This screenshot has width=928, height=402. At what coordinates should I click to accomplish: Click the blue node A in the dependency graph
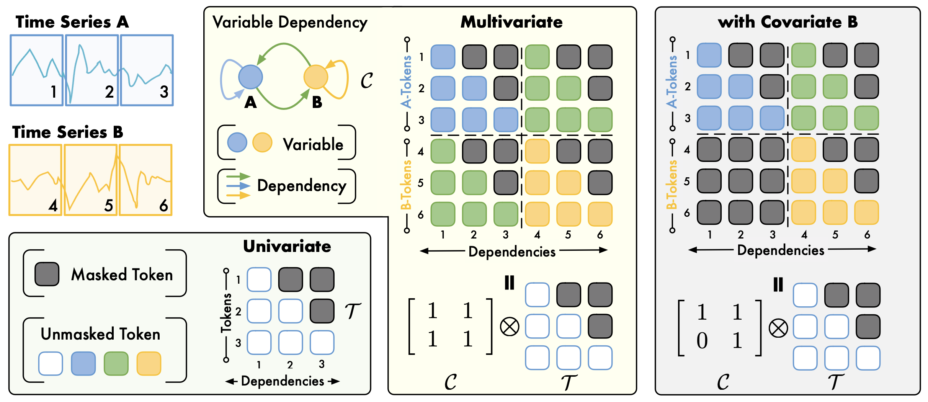(x=250, y=77)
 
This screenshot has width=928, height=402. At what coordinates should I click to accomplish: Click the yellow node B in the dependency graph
(x=315, y=77)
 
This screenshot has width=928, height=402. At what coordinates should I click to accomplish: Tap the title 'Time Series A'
(x=72, y=22)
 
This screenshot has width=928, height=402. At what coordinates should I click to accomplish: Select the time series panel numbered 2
(x=92, y=70)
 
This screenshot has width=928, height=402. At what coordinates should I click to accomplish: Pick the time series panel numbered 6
(x=145, y=180)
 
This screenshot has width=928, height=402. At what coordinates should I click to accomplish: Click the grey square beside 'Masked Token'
(x=47, y=274)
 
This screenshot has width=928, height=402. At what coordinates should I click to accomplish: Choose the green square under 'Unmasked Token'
(x=116, y=363)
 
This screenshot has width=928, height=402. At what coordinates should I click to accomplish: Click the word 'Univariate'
(x=287, y=246)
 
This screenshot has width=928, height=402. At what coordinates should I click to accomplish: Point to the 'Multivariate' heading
(x=511, y=22)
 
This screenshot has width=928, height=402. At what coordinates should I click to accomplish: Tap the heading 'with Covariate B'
(x=787, y=22)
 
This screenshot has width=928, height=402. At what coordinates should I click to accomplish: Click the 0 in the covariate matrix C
(x=702, y=340)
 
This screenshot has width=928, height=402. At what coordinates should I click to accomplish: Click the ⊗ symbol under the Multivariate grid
(x=510, y=327)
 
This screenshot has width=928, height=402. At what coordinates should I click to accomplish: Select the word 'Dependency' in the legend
(x=302, y=186)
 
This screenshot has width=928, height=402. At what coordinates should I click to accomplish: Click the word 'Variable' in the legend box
(x=313, y=145)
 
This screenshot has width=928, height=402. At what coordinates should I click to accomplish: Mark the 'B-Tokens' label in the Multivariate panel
(x=406, y=185)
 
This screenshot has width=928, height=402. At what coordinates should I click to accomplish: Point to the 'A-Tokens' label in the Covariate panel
(x=672, y=81)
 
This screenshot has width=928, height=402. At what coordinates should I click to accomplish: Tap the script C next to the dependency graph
(x=366, y=81)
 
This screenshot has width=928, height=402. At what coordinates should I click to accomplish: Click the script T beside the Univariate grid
(x=352, y=310)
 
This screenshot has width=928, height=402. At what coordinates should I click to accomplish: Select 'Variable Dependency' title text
(x=290, y=22)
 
